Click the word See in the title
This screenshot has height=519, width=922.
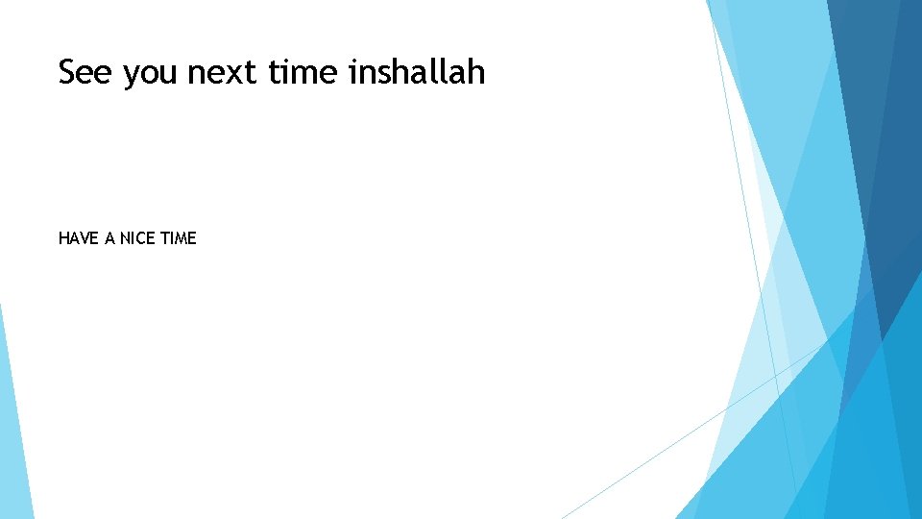coord(85,72)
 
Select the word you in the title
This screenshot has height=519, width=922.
coord(150,75)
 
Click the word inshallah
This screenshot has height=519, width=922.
coord(418,72)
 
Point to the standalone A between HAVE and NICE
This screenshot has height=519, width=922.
coord(109,238)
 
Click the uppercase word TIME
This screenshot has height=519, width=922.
coord(179,238)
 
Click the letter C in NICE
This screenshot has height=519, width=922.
coord(143,238)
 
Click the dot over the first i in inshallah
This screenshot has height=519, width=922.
coord(352,60)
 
